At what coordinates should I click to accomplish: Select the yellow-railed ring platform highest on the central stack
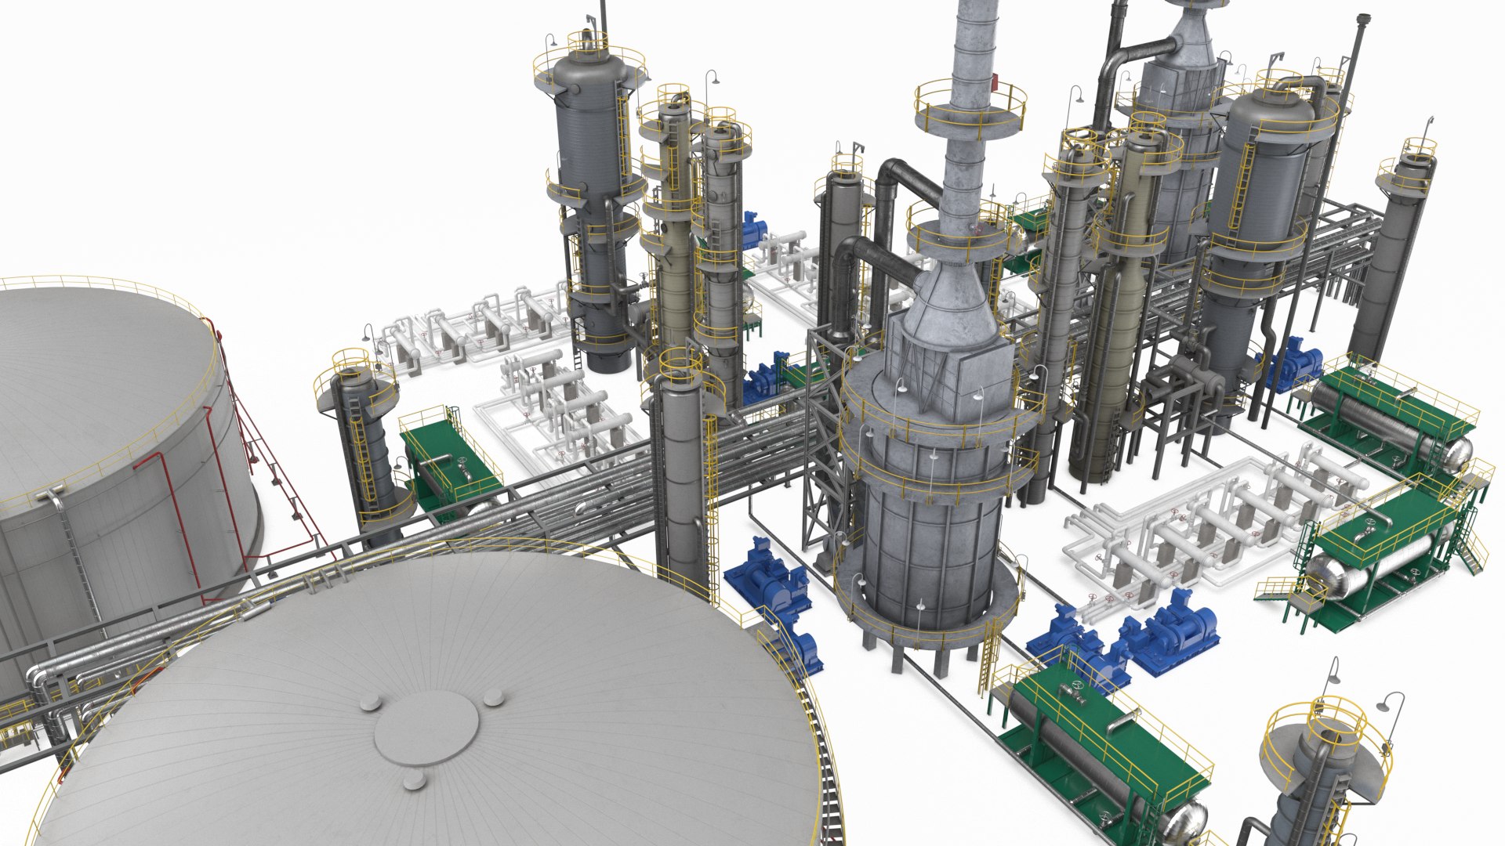click(970, 110)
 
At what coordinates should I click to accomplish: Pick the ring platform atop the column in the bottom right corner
click(1325, 732)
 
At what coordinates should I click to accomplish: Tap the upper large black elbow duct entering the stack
click(909, 180)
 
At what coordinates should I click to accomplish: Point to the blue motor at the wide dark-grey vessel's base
click(1293, 364)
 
